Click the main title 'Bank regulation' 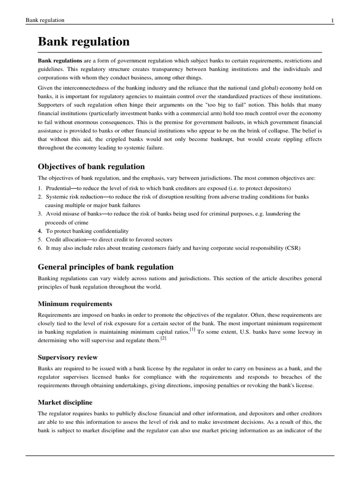point(83,42)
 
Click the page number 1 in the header point(332,20)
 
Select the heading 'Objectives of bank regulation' point(91,167)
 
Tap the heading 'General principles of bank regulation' point(105,267)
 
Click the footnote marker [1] point(193,330)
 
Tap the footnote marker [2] point(163,338)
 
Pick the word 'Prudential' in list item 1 point(57,188)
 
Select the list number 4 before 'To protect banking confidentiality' point(40,231)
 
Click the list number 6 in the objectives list point(40,248)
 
